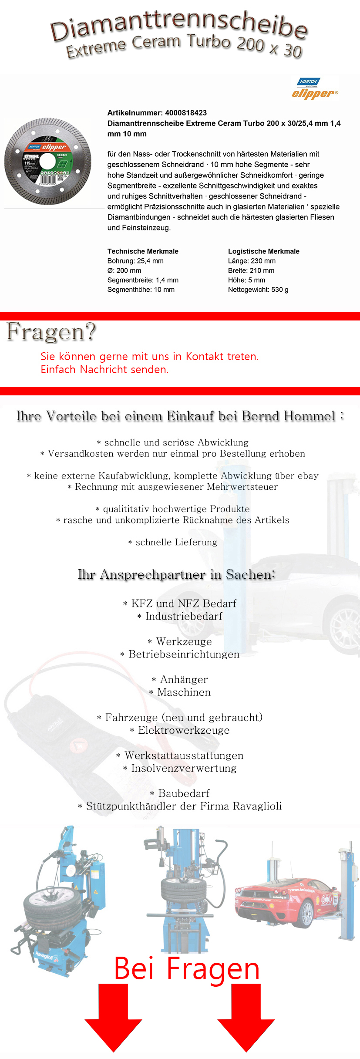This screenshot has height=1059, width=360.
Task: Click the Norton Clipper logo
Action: click(315, 88)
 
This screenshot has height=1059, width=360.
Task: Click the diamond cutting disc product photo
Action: click(48, 161)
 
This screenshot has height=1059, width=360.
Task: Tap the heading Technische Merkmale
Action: click(143, 251)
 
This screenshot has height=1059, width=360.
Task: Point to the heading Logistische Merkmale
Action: click(263, 251)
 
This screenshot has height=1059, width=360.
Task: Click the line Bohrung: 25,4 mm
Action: click(135, 261)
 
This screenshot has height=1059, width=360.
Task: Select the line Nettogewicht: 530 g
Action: click(258, 290)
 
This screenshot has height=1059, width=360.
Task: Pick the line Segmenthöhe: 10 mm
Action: click(141, 290)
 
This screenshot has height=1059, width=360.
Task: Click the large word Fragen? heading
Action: click(51, 332)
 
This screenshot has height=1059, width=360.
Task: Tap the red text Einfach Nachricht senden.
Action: click(104, 370)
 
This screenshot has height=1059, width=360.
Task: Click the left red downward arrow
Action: click(113, 1019)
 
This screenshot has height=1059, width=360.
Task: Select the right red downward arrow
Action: click(246, 1019)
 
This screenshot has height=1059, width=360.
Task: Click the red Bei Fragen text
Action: click(186, 969)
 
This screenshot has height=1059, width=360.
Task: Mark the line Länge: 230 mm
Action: click(252, 261)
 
